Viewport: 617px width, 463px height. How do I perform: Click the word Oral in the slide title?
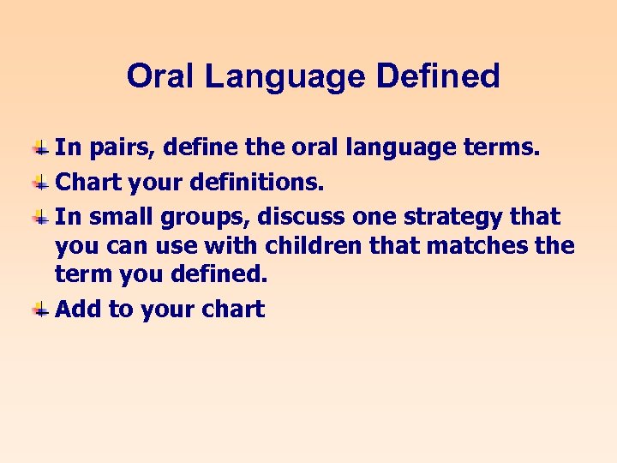pyautogui.click(x=160, y=76)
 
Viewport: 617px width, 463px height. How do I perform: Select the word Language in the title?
pyautogui.click(x=283, y=76)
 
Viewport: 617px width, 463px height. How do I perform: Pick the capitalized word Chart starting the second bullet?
pyautogui.click(x=87, y=183)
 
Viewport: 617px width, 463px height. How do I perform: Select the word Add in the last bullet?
pyautogui.click(x=78, y=309)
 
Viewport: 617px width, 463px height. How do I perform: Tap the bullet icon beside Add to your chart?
pyautogui.click(x=40, y=310)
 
